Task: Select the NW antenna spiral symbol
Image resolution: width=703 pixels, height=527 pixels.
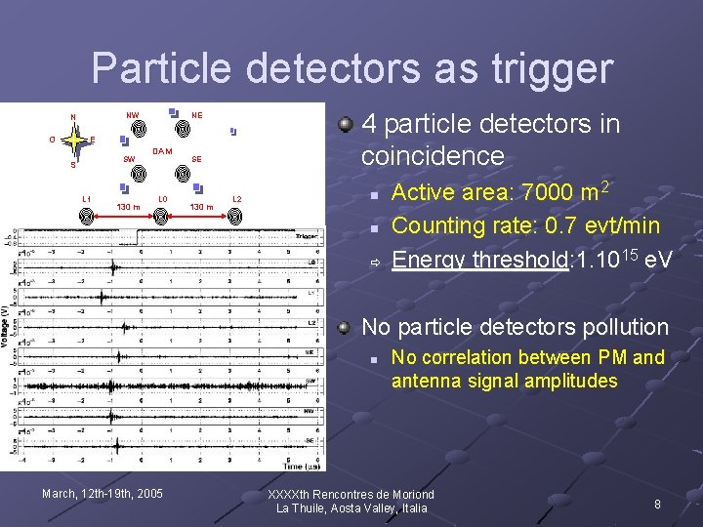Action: (x=139, y=128)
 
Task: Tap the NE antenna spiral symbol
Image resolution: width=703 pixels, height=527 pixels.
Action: (x=182, y=127)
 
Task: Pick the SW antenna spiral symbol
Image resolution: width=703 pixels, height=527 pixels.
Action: (x=139, y=173)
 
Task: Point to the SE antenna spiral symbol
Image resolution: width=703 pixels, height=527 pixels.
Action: (x=182, y=173)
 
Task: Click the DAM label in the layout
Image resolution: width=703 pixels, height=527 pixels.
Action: (x=162, y=151)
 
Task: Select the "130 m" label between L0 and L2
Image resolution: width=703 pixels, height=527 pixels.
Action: (x=201, y=207)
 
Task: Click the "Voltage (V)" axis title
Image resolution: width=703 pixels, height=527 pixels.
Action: (x=6, y=325)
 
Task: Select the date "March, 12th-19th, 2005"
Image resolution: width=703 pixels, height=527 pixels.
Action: (x=103, y=494)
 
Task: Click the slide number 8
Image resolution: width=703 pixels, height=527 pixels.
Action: (x=657, y=504)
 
